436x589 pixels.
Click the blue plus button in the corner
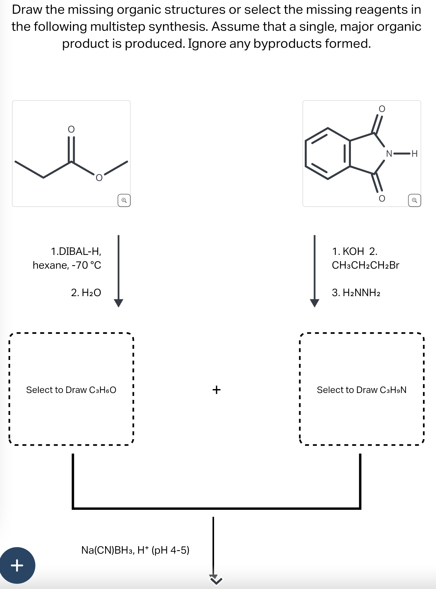point(17,565)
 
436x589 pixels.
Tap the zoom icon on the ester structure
point(124,200)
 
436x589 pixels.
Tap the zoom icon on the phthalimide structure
point(414,200)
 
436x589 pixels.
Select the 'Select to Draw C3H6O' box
point(71,389)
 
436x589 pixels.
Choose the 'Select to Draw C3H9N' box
point(361,389)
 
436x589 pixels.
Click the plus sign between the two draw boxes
point(216,390)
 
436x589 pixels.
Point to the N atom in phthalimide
point(389,153)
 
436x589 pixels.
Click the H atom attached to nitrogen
point(414,153)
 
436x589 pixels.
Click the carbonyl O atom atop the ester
point(71,130)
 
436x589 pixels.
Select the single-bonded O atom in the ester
point(99,178)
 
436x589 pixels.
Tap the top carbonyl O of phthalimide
point(382,109)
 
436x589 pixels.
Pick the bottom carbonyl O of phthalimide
point(382,198)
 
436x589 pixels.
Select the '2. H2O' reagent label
point(86,292)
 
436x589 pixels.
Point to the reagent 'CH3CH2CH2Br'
point(365,265)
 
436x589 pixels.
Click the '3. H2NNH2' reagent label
point(356,292)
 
